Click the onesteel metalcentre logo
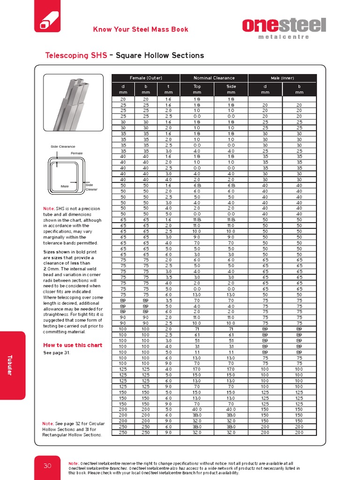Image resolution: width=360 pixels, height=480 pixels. pyautogui.click(x=284, y=28)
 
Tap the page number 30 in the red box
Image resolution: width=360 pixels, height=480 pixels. pyautogui.click(x=47, y=465)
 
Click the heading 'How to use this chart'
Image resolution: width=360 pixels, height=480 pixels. pyautogui.click(x=73, y=345)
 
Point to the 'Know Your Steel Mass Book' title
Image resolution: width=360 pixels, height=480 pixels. pyautogui.click(x=141, y=30)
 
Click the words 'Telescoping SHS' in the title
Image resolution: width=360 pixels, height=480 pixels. pyautogui.click(x=73, y=55)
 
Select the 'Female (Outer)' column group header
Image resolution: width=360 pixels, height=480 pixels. pyautogui.click(x=146, y=78)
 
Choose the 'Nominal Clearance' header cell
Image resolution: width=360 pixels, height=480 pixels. pyautogui.click(x=214, y=78)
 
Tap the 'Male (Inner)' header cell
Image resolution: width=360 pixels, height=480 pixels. pyautogui.click(x=282, y=78)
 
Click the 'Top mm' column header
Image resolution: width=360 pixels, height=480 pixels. pyautogui.click(x=197, y=89)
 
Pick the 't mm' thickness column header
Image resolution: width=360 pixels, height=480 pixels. pyautogui.click(x=168, y=89)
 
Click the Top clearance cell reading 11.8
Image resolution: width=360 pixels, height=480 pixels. pyautogui.click(x=197, y=219)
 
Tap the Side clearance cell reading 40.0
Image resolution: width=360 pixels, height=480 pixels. pyautogui.click(x=231, y=409)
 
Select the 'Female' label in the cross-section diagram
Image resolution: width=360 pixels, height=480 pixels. pyautogui.click(x=76, y=153)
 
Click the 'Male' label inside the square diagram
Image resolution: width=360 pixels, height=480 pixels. pyautogui.click(x=65, y=186)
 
